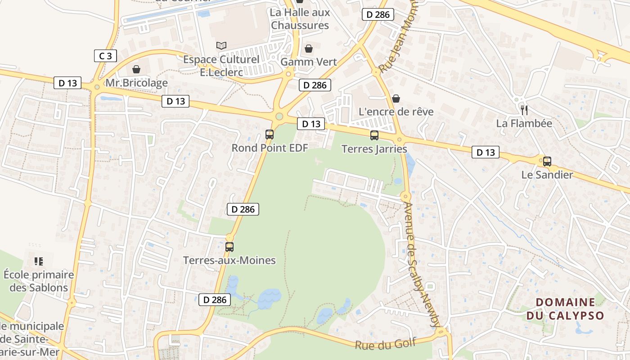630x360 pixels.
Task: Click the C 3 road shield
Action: (105, 56)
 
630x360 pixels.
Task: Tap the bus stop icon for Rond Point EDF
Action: (270, 134)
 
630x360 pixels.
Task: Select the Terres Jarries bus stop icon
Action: (374, 135)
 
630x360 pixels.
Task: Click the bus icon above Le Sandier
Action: (547, 161)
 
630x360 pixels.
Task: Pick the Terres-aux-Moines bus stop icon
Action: (229, 247)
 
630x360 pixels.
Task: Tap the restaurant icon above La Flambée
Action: (524, 109)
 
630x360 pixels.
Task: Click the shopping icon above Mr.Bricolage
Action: (136, 69)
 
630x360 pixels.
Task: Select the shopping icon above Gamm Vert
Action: (309, 48)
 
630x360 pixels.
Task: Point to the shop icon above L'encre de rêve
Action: (396, 98)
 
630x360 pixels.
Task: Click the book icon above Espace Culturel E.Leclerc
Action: (221, 45)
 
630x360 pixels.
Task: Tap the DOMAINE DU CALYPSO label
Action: (565, 308)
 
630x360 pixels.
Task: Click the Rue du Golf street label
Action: (385, 343)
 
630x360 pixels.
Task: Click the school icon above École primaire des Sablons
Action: (38, 261)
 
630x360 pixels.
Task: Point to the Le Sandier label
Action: (547, 175)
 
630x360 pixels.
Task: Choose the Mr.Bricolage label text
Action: (136, 83)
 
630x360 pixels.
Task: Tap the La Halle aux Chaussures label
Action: (300, 19)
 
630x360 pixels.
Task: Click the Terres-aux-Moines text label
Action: (229, 260)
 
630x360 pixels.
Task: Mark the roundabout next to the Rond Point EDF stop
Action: (279, 117)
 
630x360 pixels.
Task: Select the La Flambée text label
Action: (524, 123)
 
